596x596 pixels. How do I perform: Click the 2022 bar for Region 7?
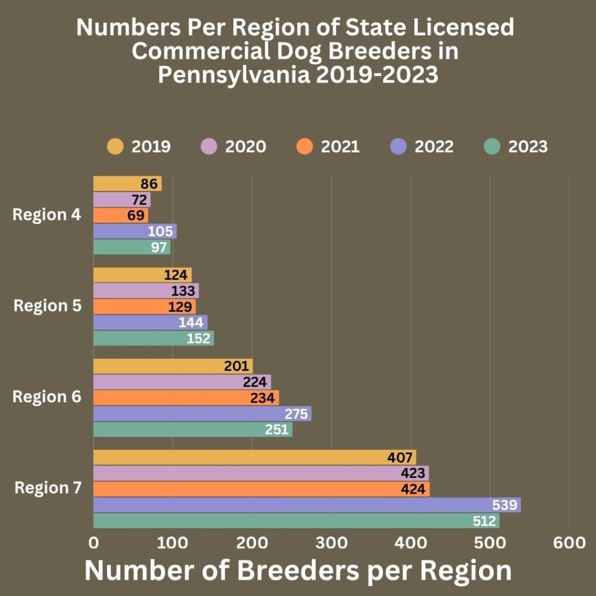tap(307, 505)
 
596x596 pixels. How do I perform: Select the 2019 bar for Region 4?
tap(127, 184)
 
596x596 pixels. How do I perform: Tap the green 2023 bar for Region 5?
tap(153, 338)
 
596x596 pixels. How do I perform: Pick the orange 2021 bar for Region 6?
tap(186, 398)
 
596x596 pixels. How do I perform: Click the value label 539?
tap(504, 505)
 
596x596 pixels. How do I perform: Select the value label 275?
tap(296, 414)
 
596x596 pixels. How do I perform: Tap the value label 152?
tap(198, 338)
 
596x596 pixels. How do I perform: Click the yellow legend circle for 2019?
tap(115, 146)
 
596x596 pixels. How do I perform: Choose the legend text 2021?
tap(340, 146)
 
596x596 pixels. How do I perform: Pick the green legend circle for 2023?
tap(492, 146)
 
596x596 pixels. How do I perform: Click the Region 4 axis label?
tap(47, 215)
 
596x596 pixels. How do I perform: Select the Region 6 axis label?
tap(47, 397)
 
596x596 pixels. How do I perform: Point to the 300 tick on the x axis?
tap(331, 543)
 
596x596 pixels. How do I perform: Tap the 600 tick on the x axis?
tap(569, 543)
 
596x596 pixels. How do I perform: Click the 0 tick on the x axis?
tap(94, 543)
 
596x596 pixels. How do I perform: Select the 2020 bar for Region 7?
tap(261, 473)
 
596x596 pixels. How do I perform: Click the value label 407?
tap(400, 457)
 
